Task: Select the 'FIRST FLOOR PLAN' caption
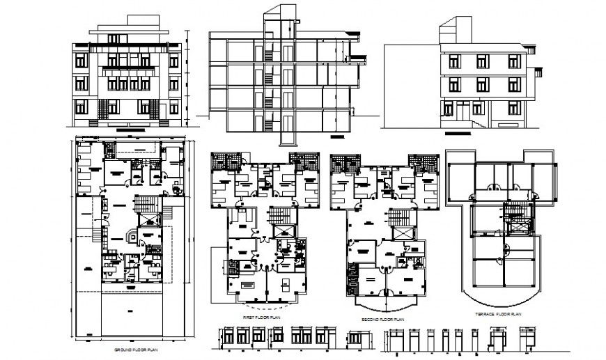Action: coord(261,317)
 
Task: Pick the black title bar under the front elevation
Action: coord(130,130)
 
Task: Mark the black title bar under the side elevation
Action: coord(458,132)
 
